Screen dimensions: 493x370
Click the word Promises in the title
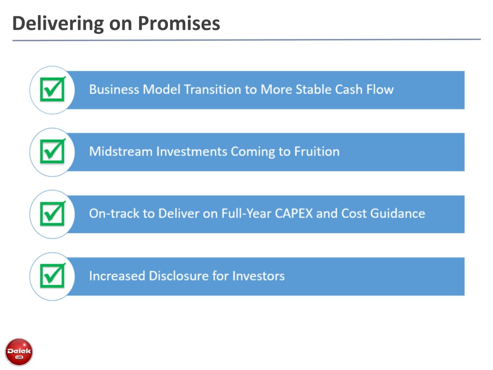point(179,23)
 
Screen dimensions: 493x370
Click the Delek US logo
point(19,352)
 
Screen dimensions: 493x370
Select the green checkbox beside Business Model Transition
point(53,89)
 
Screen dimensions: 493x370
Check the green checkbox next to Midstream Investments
point(53,151)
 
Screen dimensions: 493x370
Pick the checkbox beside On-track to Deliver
point(53,214)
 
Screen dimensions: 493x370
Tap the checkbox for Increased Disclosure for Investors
point(53,276)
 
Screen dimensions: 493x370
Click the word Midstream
point(121,151)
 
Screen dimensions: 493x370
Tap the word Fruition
point(317,151)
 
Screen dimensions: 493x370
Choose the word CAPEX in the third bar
point(294,214)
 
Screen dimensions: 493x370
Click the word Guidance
point(398,214)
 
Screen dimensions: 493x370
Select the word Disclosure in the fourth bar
point(179,276)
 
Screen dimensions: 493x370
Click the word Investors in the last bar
point(259,276)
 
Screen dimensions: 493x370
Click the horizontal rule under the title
point(247,40)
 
